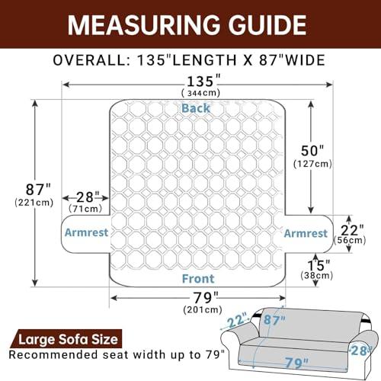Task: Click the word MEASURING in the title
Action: pos(144,25)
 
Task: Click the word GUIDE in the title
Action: pos(267,25)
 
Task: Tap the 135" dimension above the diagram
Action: pos(203,82)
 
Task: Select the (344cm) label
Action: pos(200,93)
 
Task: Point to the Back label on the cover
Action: pos(196,108)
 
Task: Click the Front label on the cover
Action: pos(198,279)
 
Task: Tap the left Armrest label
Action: pos(87,232)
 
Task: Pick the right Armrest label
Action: pos(306,233)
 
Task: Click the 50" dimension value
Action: pos(312,151)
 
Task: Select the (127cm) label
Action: pos(312,164)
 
